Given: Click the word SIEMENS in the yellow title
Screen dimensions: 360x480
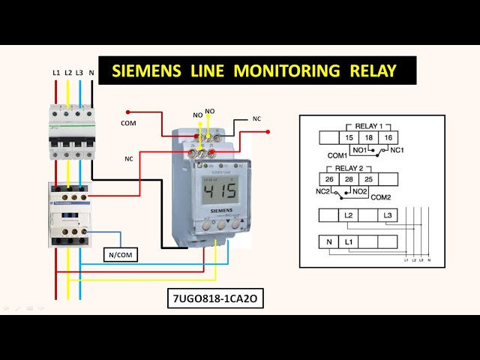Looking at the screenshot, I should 146,71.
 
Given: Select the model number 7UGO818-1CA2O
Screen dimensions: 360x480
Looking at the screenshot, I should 216,299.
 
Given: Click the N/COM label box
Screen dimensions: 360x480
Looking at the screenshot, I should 121,255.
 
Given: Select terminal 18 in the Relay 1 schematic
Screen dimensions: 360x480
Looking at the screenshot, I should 369,138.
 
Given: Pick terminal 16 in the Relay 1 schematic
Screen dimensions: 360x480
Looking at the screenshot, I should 388,138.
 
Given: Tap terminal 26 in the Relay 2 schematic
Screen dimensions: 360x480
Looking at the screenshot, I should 329,179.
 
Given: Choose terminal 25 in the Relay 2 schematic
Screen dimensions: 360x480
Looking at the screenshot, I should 369,179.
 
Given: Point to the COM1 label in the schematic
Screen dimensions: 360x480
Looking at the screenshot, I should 337,155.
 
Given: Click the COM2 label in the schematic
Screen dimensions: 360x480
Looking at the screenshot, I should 382,196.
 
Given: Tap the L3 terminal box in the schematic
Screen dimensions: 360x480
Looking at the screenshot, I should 387,216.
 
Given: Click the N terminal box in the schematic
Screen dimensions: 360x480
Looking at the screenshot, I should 328,242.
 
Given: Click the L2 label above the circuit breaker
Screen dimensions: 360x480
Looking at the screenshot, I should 67,73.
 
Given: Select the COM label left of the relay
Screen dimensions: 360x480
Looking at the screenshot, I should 129,122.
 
